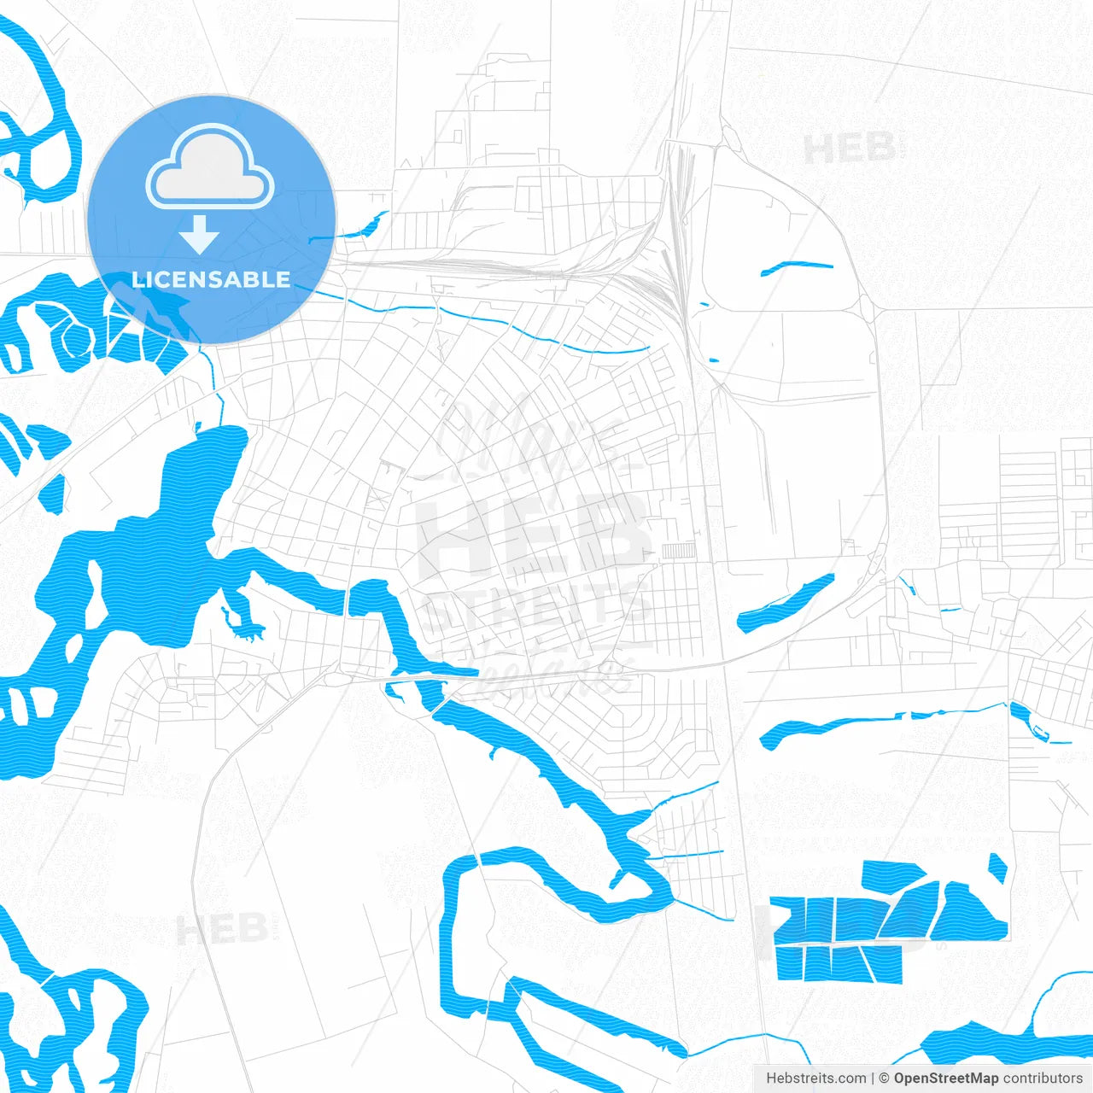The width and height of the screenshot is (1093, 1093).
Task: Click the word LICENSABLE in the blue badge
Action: (x=211, y=279)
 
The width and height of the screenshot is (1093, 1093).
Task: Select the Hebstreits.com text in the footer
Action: (x=815, y=1078)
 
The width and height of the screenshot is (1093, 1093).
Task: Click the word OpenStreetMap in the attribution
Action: (x=946, y=1078)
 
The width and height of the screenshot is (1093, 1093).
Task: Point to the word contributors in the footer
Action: (x=1043, y=1078)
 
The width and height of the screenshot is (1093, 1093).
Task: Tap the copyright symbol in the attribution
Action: (x=884, y=1078)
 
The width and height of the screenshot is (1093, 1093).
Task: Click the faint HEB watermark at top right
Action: (x=849, y=149)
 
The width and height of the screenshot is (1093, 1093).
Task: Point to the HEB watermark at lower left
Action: (x=222, y=929)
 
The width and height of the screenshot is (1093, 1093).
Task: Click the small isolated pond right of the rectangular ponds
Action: (x=997, y=868)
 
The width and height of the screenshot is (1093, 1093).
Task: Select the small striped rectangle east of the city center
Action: (x=678, y=552)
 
